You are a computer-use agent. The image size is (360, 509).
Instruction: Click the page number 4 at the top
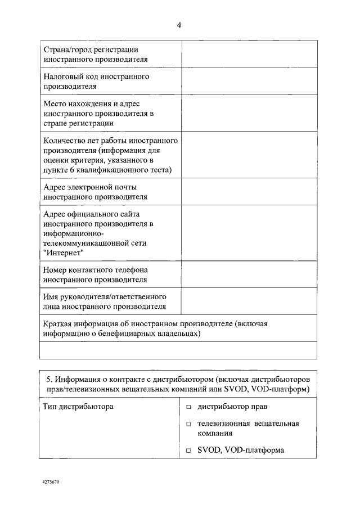click(179, 25)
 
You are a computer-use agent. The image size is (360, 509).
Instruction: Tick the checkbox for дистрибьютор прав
click(189, 407)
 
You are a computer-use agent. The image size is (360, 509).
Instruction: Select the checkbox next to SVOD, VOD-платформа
click(189, 451)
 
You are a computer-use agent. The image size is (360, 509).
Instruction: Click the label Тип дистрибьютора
click(78, 406)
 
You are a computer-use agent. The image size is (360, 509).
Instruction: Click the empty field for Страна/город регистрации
click(248, 54)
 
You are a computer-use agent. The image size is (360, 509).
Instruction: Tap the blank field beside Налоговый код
click(248, 81)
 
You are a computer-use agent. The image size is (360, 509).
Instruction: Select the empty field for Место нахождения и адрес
click(248, 112)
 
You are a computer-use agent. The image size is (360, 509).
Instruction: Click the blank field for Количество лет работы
click(248, 154)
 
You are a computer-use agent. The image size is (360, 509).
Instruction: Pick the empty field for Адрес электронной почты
click(248, 192)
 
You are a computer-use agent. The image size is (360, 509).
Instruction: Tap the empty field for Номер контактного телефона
click(248, 274)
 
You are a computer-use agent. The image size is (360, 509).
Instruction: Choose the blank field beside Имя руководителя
click(248, 301)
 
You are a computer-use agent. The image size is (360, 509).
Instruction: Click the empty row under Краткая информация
click(178, 350)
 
